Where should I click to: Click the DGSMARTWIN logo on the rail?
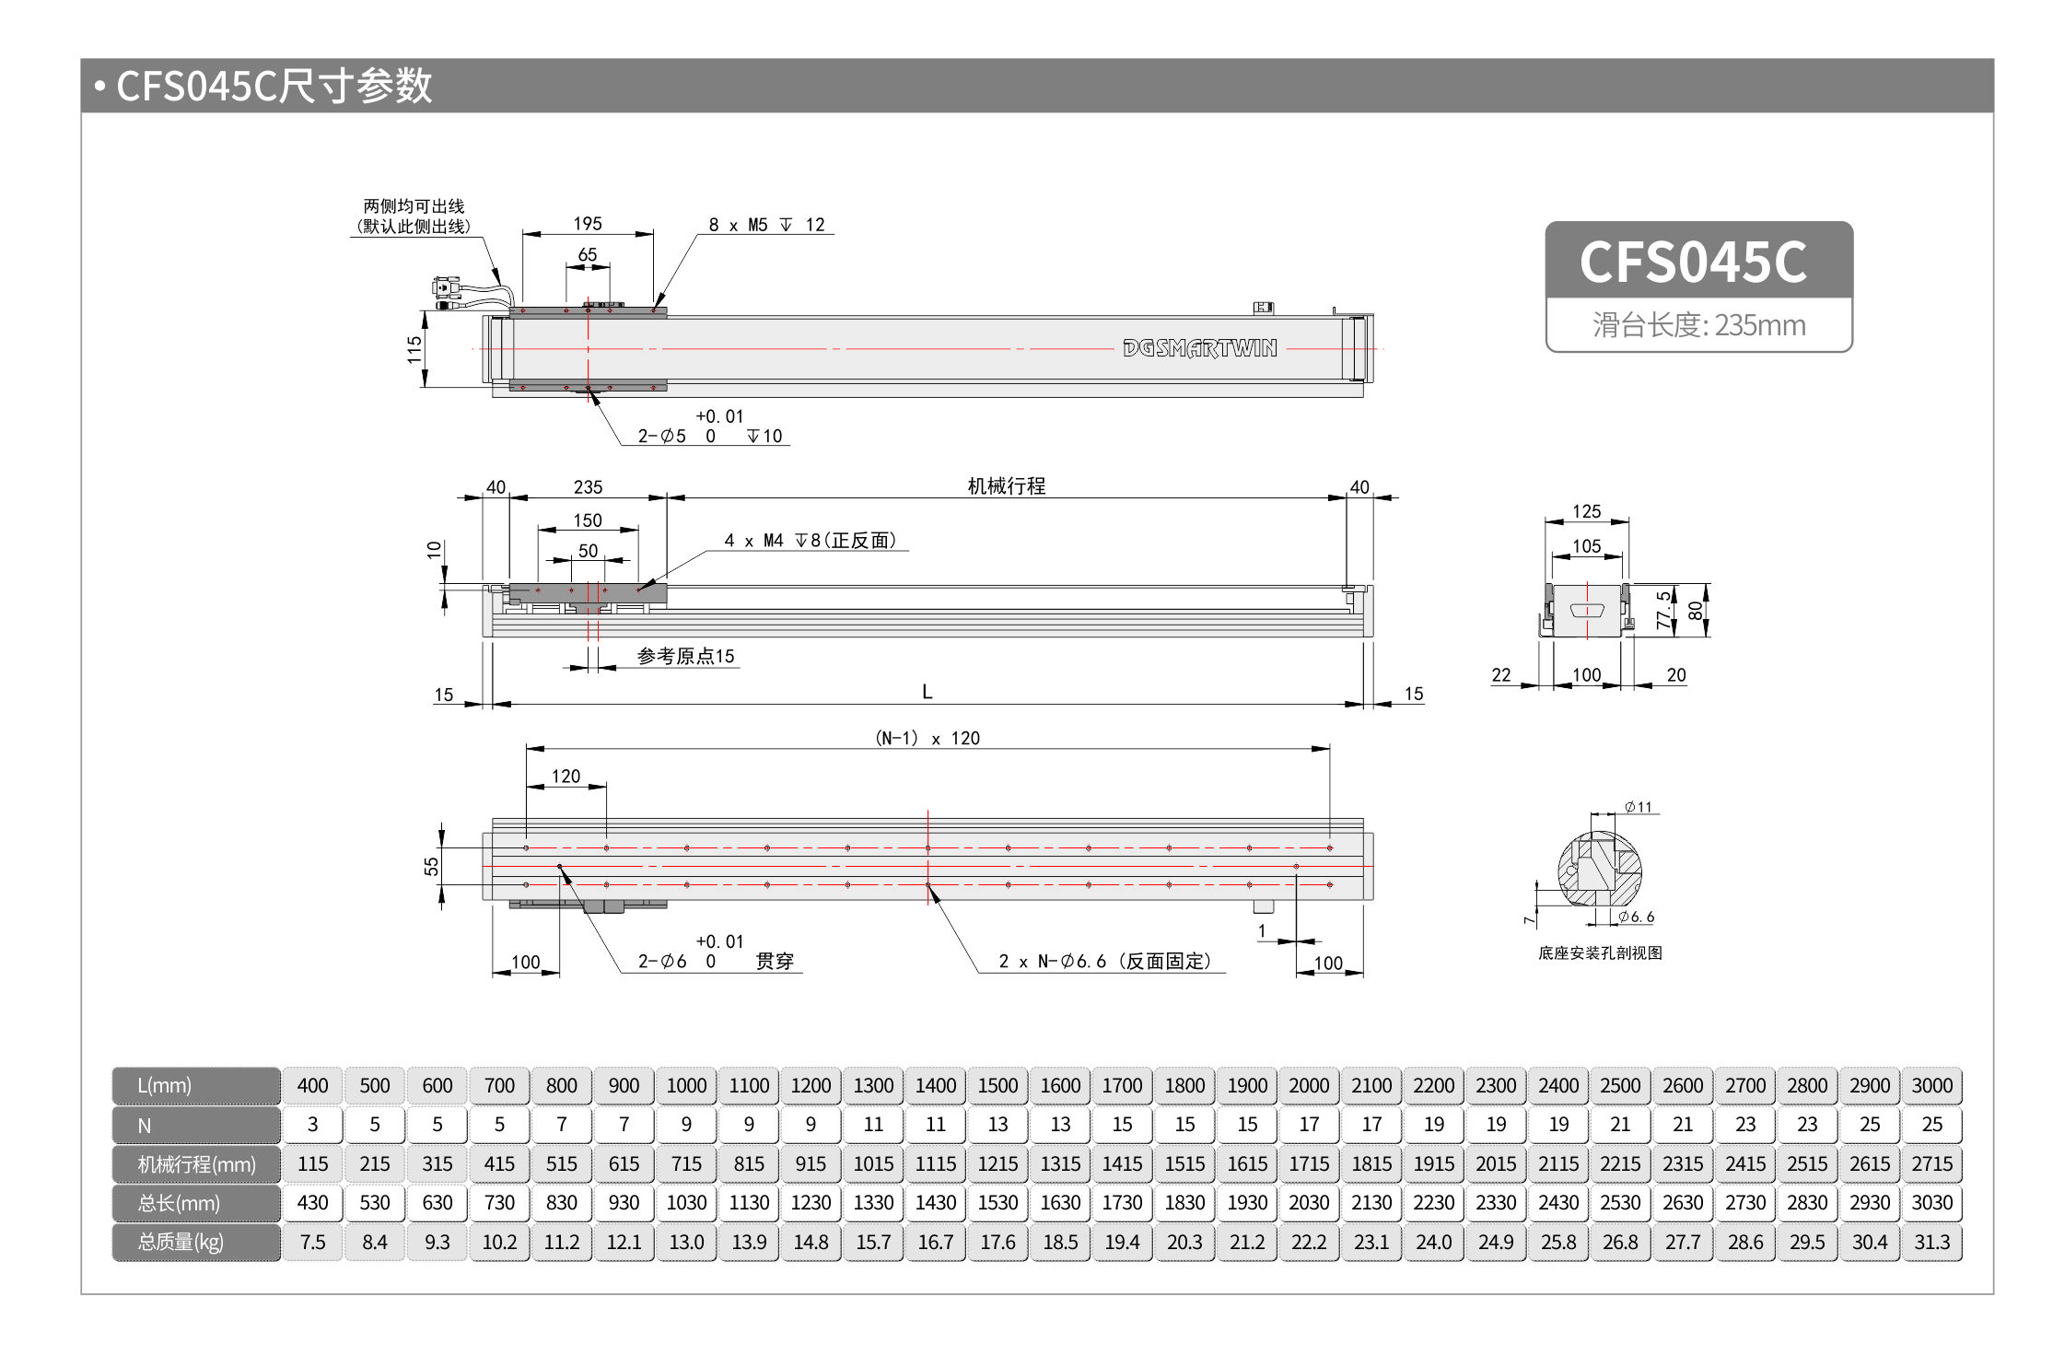click(1199, 348)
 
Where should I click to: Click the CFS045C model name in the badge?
click(1693, 262)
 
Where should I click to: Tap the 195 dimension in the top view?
click(588, 224)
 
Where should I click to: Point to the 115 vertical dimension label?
click(414, 349)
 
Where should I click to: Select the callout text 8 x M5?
click(738, 226)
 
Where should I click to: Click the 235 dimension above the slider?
click(588, 487)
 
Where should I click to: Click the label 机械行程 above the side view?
click(1006, 486)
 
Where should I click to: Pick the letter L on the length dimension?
click(927, 692)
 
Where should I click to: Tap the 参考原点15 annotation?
click(686, 656)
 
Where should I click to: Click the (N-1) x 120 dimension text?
click(927, 738)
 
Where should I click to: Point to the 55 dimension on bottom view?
click(431, 866)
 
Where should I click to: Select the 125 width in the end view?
click(1586, 511)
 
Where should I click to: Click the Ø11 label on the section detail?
click(1638, 808)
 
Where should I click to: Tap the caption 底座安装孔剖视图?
click(1600, 953)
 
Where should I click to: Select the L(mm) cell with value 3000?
click(1931, 1086)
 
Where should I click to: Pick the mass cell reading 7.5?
click(312, 1243)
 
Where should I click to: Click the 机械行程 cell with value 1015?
click(873, 1164)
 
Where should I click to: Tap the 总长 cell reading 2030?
click(1309, 1203)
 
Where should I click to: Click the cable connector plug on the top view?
click(445, 288)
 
